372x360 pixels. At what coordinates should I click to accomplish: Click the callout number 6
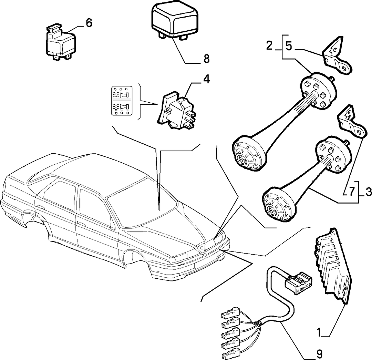[89, 23]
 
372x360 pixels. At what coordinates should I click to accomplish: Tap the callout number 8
[206, 59]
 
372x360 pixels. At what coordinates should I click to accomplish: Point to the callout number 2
[269, 45]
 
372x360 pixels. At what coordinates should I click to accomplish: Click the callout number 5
[289, 47]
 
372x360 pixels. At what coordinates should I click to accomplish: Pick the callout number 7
[352, 191]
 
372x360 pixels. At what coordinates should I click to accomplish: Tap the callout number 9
[319, 354]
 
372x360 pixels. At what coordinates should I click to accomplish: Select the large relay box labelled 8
[175, 22]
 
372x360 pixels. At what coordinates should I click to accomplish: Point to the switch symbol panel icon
[122, 101]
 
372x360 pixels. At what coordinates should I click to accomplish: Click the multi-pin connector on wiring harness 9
[298, 283]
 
